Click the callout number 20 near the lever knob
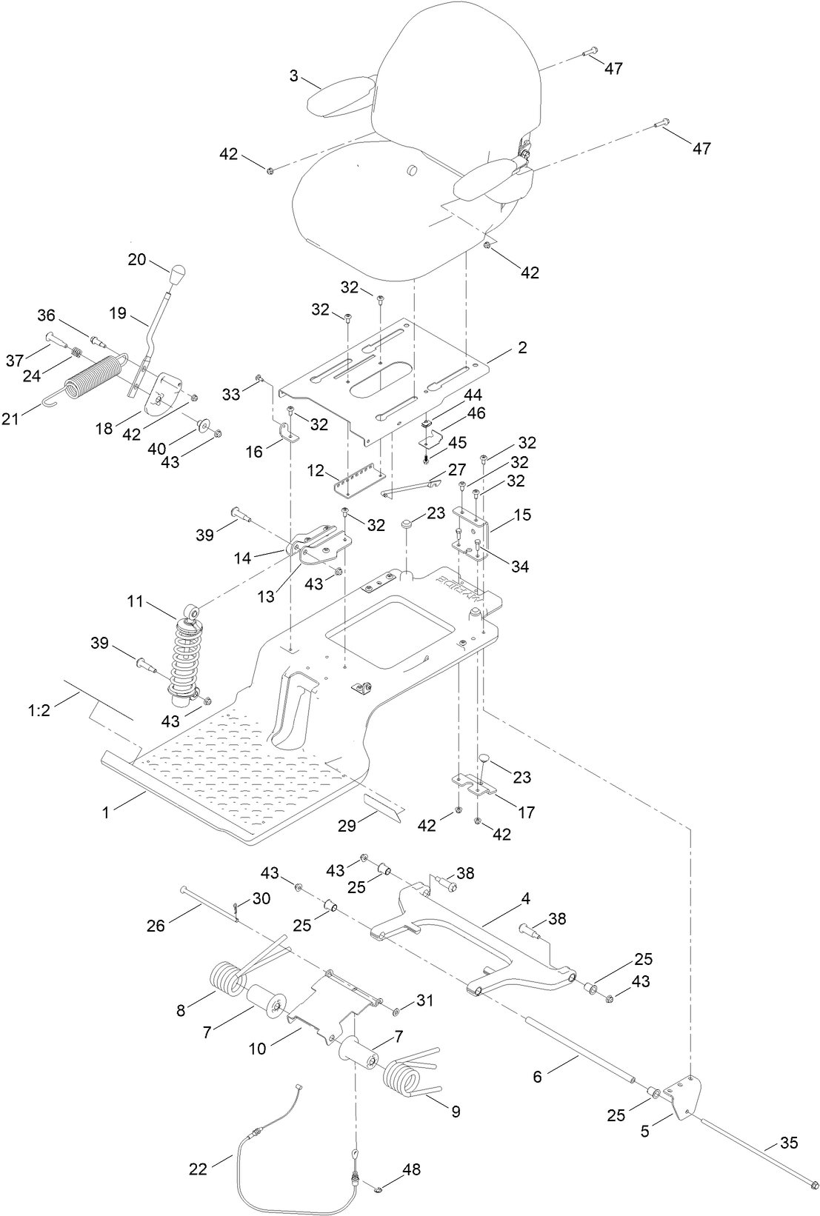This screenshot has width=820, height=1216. click(137, 259)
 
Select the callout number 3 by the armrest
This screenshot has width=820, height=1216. click(294, 76)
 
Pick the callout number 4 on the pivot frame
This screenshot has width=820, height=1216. click(526, 899)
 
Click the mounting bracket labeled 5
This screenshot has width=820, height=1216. click(681, 1092)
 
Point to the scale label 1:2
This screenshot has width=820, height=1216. click(39, 711)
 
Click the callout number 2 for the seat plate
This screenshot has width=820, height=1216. click(522, 347)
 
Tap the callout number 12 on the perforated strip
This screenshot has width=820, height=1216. click(318, 470)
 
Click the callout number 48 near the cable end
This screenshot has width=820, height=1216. click(411, 1170)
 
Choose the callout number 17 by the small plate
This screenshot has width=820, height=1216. click(526, 812)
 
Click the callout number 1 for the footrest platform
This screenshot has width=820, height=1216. click(106, 812)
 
